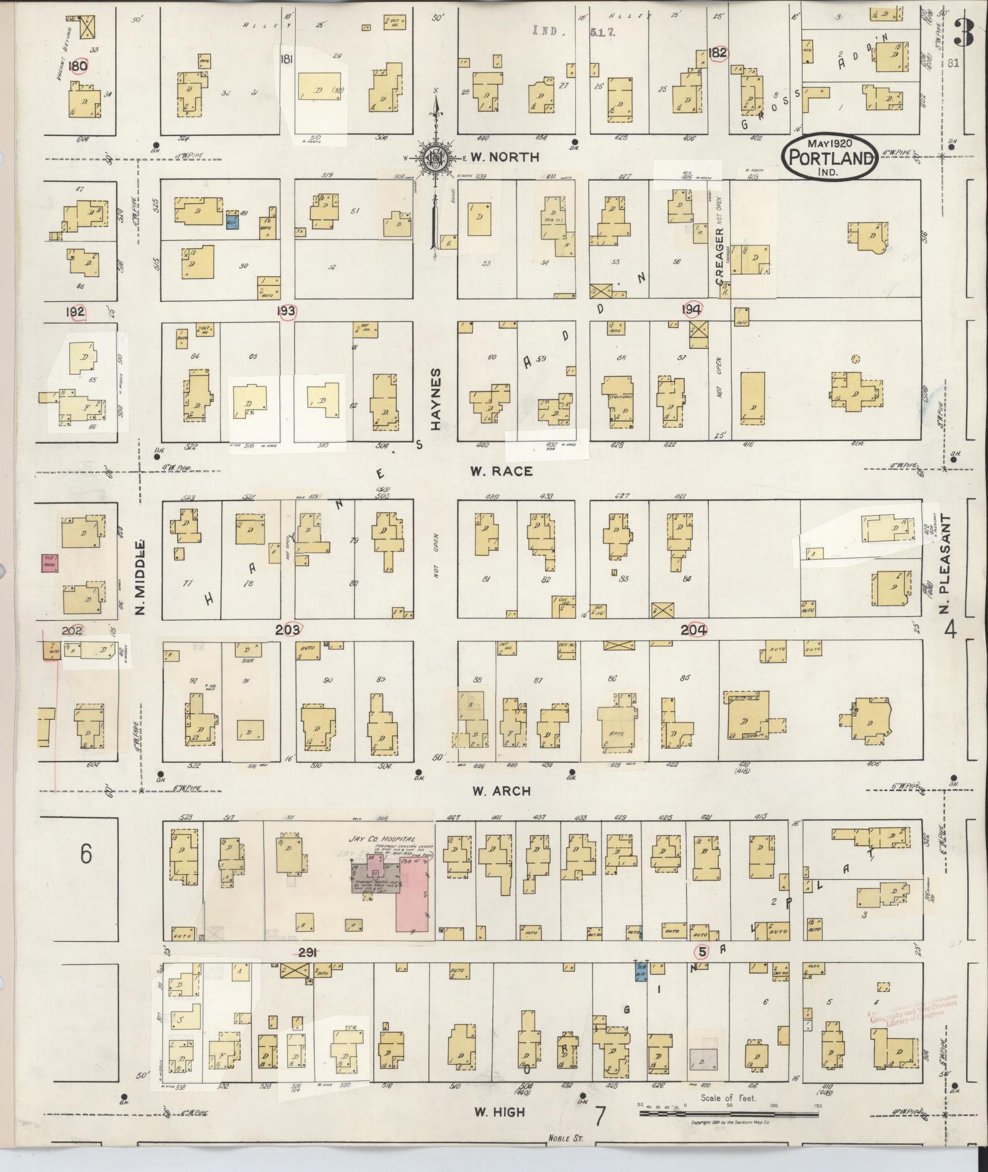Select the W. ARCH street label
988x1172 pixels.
501,791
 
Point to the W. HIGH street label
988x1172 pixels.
500,1111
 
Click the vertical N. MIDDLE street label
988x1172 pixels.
140,578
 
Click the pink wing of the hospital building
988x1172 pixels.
413,901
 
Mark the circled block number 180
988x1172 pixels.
78,66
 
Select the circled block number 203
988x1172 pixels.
287,629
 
